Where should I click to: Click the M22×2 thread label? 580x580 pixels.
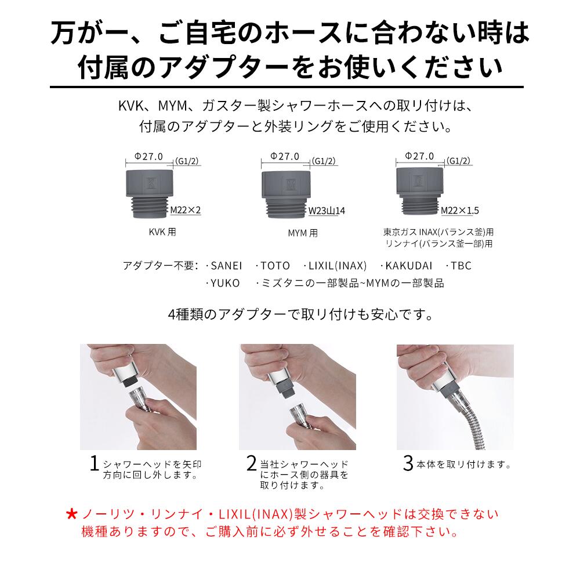click(x=186, y=210)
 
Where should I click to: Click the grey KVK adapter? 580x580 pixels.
click(x=148, y=191)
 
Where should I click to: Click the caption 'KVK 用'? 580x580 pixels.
click(x=162, y=232)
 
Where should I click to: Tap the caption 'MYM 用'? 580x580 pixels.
click(x=303, y=233)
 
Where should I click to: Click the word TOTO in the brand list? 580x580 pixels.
click(x=275, y=266)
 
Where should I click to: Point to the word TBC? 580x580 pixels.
click(x=461, y=266)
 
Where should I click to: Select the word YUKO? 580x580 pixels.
click(x=225, y=284)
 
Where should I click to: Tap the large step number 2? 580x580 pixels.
click(x=251, y=463)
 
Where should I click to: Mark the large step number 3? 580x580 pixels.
click(x=408, y=463)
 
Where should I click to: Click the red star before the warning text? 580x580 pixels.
click(x=71, y=514)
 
